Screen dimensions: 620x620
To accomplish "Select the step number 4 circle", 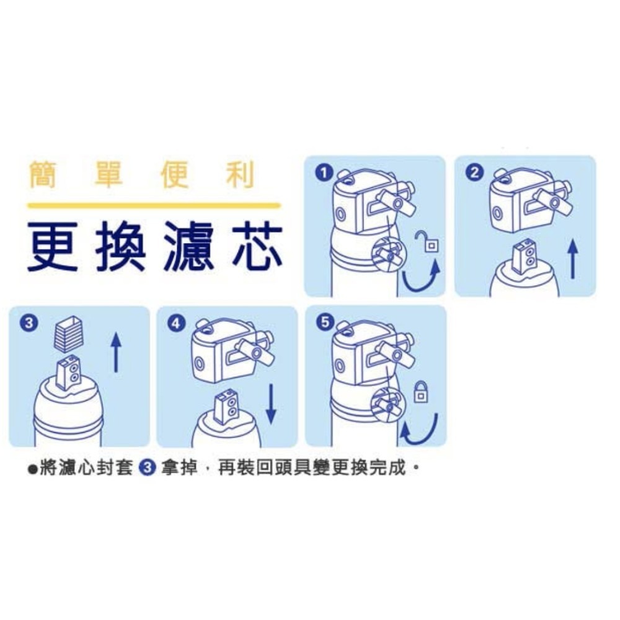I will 177,323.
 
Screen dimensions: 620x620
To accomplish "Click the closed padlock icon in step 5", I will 421,391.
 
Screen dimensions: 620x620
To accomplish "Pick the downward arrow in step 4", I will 271,404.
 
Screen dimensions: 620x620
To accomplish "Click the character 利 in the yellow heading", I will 241,175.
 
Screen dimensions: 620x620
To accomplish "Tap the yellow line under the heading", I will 154,205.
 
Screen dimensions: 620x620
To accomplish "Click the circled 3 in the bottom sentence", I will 148,468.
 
